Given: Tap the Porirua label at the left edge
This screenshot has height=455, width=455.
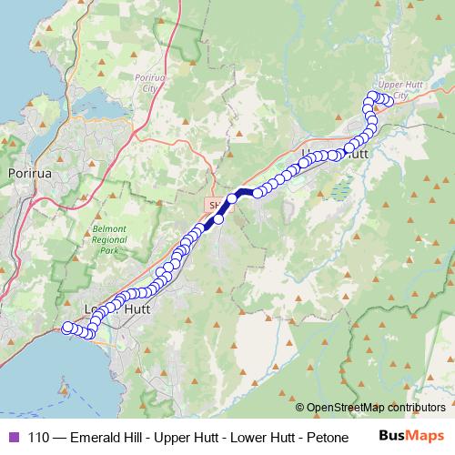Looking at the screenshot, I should click(27, 171).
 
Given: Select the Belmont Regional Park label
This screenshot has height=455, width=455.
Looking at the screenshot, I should click(109, 239).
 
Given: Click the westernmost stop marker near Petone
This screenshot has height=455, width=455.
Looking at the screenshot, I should click(67, 327).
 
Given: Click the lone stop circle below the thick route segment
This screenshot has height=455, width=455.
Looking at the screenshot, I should click(218, 219).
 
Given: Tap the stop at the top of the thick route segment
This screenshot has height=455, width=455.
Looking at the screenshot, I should click(232, 197).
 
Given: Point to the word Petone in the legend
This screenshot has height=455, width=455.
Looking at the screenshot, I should click(329, 437).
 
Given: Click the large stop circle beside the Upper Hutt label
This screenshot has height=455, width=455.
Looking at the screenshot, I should click(349, 148).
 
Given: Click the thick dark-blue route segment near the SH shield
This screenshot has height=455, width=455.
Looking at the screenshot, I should click(211, 223).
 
